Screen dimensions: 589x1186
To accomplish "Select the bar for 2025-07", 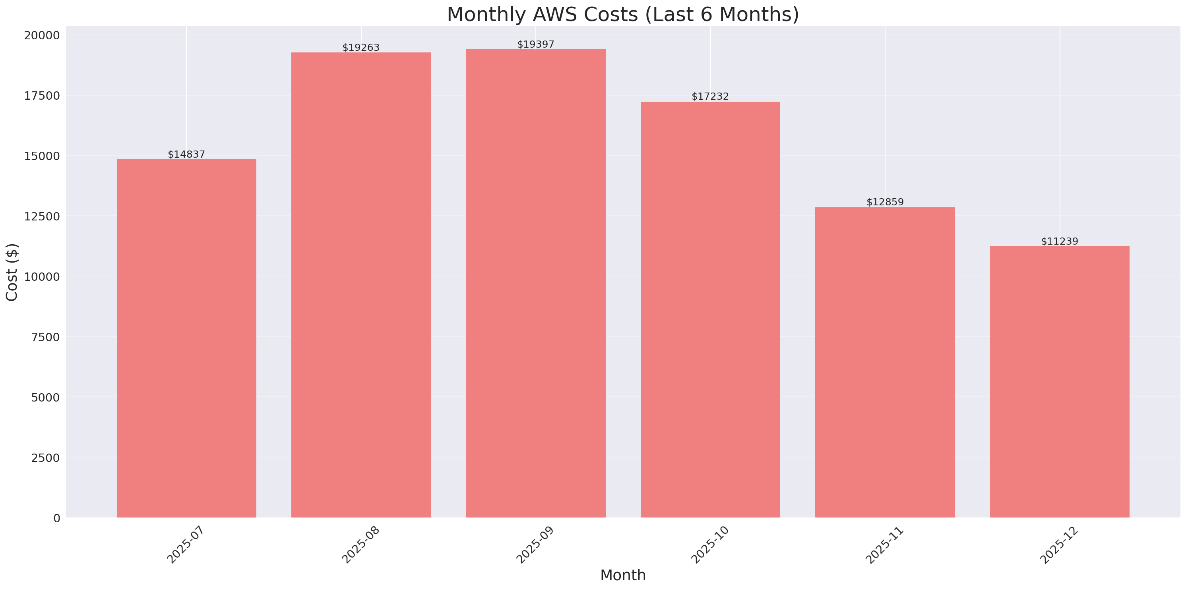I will tap(186, 338).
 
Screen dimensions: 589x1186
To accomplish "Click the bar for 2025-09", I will tap(535, 283).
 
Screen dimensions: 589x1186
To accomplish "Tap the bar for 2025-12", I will tap(1059, 382).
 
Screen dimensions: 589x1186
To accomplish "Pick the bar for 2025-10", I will tap(710, 309).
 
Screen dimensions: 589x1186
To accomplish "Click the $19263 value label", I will tap(361, 47).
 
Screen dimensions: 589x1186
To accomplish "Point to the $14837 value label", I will tap(186, 154).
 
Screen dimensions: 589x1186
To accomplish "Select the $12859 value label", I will tap(885, 202).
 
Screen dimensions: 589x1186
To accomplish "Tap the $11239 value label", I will tap(1059, 241).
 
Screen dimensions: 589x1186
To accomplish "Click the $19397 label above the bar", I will tap(535, 44).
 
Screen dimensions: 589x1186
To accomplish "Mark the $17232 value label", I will tap(710, 96).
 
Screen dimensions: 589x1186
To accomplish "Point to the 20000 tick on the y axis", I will tap(42, 35).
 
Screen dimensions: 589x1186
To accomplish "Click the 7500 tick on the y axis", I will tap(45, 337).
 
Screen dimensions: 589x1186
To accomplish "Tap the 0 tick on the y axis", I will tap(56, 518).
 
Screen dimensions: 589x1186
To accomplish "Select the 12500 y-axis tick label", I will tap(42, 216).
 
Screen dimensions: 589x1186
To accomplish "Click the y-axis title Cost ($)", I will tap(12, 272).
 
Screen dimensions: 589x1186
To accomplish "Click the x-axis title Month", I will tap(623, 575).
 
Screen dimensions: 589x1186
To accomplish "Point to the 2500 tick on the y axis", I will tap(45, 458).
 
